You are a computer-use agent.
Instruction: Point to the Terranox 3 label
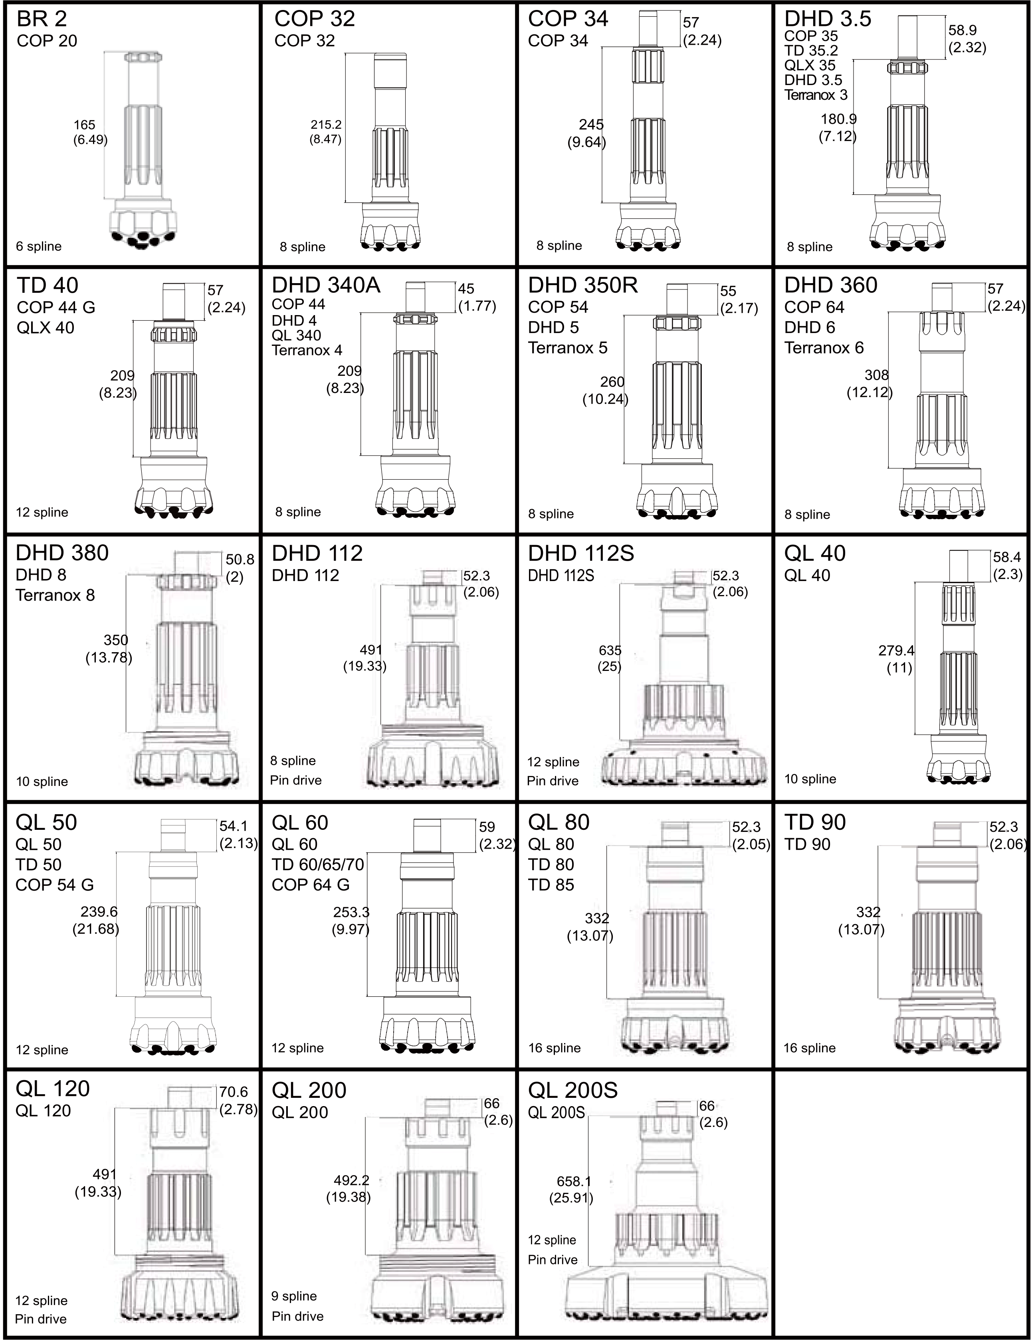(816, 95)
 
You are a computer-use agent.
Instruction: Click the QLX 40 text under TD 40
(46, 328)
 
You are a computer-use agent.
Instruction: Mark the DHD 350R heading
(583, 285)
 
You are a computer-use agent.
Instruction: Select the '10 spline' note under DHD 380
(42, 781)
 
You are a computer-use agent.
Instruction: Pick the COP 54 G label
(55, 885)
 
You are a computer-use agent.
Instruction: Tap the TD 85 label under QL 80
(551, 885)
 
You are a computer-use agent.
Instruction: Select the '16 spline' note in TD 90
(810, 1048)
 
